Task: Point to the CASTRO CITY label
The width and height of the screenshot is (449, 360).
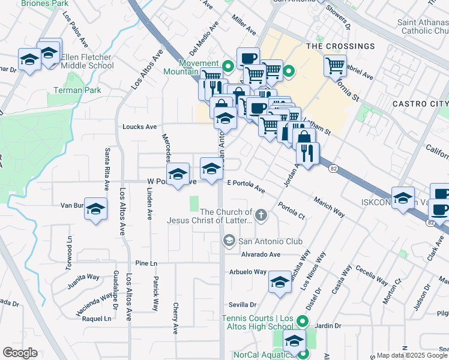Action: (420, 104)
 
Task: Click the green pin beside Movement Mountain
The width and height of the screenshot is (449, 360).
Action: (228, 65)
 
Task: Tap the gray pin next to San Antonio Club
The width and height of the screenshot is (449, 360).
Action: (229, 241)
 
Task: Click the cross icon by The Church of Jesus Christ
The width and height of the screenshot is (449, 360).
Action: (261, 215)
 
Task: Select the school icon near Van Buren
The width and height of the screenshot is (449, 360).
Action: (95, 209)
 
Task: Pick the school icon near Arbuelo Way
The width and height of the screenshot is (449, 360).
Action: (280, 281)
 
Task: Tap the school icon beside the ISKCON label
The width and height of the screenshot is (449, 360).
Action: (403, 197)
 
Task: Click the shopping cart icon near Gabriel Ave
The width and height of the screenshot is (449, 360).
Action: (335, 65)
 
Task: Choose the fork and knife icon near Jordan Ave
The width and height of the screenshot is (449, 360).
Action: (307, 153)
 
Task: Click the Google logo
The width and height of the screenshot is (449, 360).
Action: (20, 352)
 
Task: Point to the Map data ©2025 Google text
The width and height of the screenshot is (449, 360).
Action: (412, 355)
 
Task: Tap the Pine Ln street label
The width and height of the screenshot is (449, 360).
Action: (146, 263)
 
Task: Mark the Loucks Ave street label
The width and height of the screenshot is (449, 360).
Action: (139, 127)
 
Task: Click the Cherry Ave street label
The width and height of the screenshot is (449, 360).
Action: (176, 317)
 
